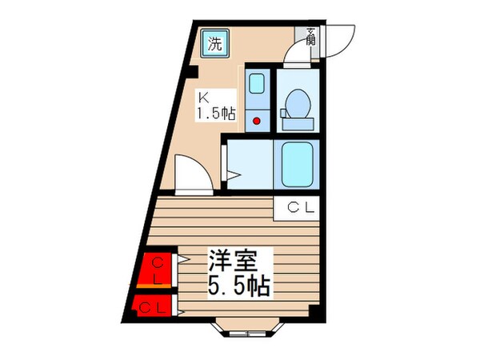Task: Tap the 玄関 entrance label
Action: [x=310, y=35]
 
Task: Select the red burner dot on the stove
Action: [x=257, y=119]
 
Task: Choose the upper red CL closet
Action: [x=158, y=270]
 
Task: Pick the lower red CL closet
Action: [x=154, y=306]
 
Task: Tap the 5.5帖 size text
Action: [x=239, y=286]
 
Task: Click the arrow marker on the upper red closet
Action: [x=183, y=259]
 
